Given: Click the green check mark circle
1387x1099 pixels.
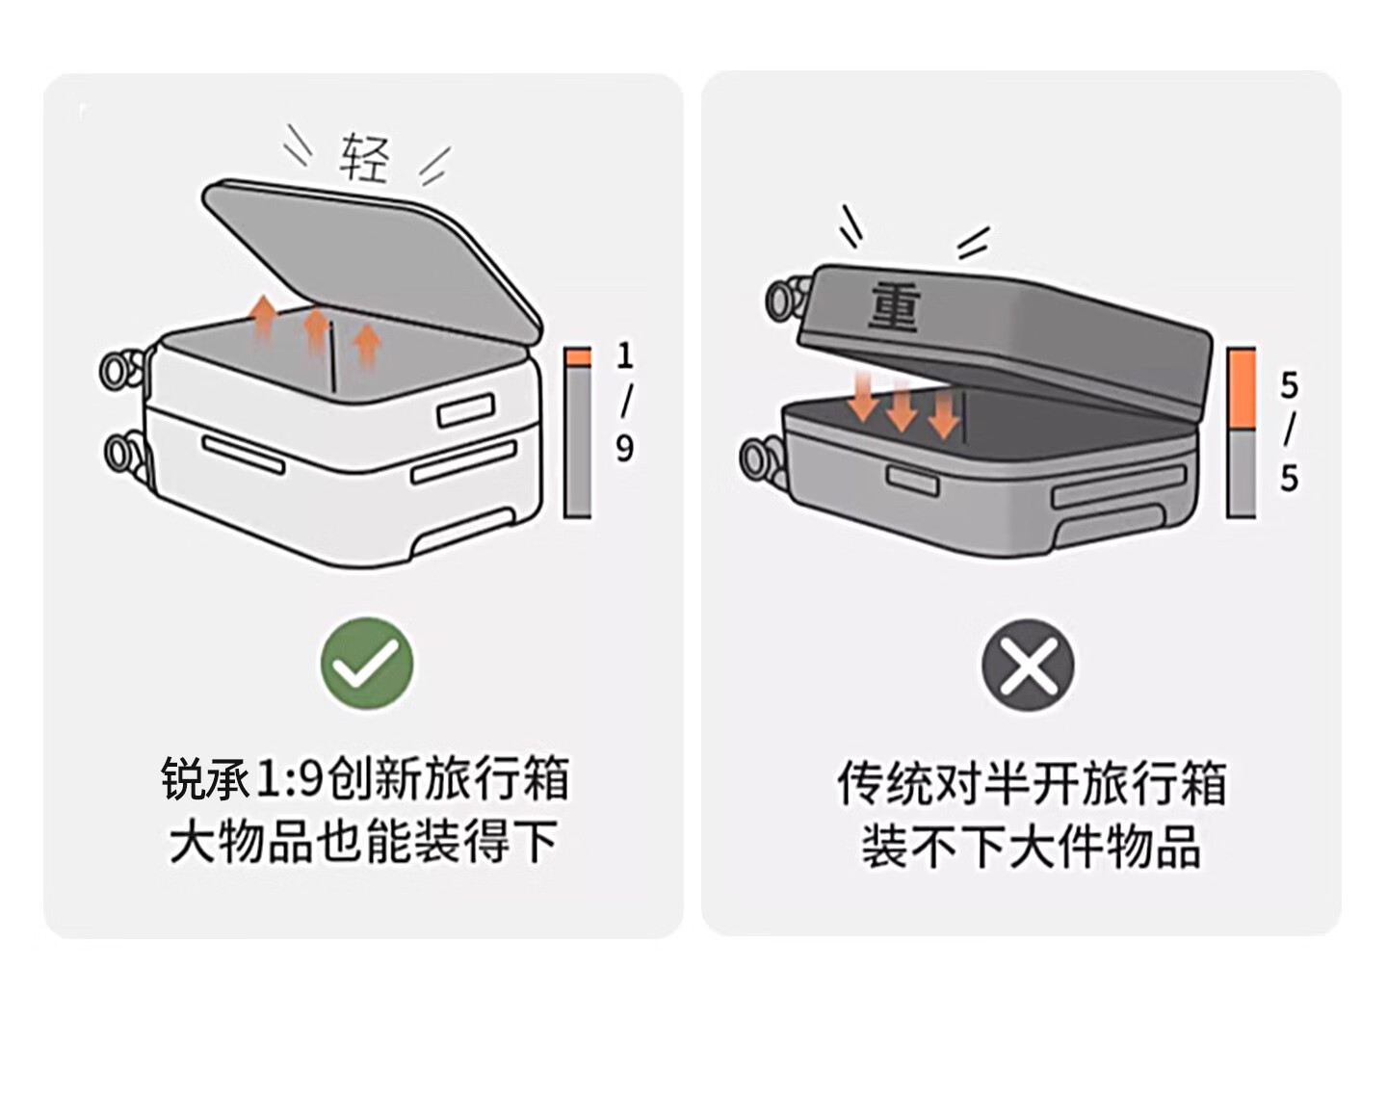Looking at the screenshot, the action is click(367, 664).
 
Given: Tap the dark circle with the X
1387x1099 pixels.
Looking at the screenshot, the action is click(1028, 665).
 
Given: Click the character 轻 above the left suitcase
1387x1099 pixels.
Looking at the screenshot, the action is click(365, 159).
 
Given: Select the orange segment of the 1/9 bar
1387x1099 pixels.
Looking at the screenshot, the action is click(577, 356).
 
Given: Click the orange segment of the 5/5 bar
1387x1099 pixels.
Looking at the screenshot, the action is click(1241, 387).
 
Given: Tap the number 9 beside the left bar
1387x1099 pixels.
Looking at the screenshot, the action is click(625, 448).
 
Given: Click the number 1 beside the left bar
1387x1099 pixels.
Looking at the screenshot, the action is click(625, 356).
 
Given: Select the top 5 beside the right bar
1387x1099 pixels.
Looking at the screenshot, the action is click(1289, 386).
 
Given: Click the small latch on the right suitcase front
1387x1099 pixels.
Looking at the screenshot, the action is click(911, 478).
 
